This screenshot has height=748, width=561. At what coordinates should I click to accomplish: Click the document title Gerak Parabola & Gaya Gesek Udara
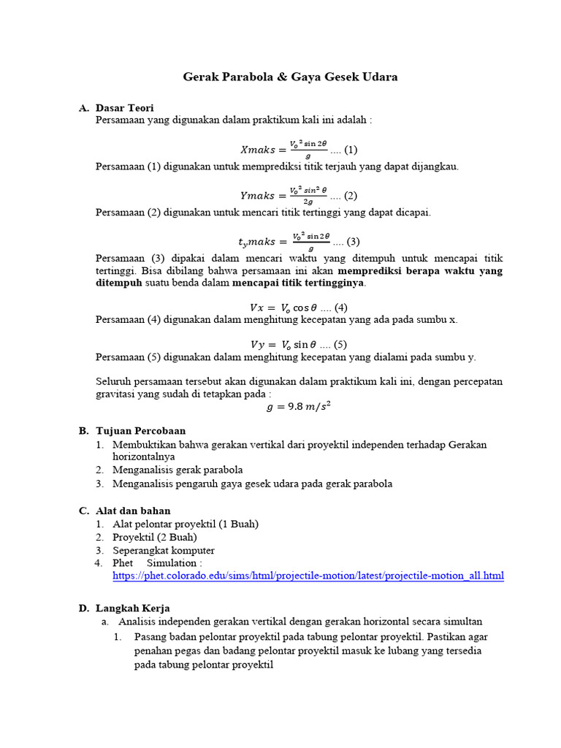tap(289, 77)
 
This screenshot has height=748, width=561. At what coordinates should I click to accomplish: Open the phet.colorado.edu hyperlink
tap(308, 576)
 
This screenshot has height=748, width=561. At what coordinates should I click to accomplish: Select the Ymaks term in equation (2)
tap(259, 196)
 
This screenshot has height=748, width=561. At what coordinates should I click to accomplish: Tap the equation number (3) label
tap(353, 242)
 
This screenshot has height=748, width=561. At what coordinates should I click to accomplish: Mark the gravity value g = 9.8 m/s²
tap(299, 408)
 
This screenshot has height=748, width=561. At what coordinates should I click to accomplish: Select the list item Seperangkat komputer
tap(164, 550)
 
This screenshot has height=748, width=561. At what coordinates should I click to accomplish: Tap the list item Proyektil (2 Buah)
tap(155, 537)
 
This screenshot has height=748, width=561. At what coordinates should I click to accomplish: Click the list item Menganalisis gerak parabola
tap(178, 470)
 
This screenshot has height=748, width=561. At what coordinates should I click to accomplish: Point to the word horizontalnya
tap(149, 457)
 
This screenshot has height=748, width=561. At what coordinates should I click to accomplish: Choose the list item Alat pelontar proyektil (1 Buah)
tap(186, 524)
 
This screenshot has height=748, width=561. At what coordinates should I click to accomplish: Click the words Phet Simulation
tap(155, 563)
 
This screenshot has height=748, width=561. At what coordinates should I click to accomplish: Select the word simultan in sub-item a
tap(462, 622)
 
